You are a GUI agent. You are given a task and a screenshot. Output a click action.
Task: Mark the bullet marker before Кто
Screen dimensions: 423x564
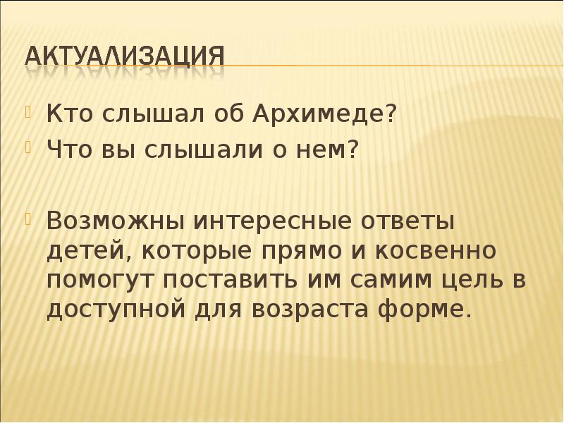(30, 111)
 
